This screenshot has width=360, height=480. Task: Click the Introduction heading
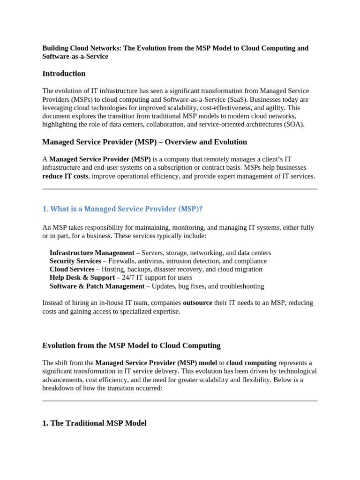click(64, 74)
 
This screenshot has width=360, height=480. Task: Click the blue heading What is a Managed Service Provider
click(122, 209)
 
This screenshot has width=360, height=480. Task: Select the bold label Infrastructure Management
click(92, 253)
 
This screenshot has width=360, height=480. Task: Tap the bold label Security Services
click(75, 261)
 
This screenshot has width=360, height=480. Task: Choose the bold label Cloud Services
click(72, 270)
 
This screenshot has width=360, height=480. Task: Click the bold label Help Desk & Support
click(82, 278)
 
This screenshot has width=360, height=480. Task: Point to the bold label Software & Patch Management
click(97, 286)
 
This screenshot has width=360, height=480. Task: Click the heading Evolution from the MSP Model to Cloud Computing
click(131, 346)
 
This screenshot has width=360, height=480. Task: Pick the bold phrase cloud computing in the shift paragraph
click(251, 363)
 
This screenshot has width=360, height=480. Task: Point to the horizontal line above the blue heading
click(180, 189)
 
